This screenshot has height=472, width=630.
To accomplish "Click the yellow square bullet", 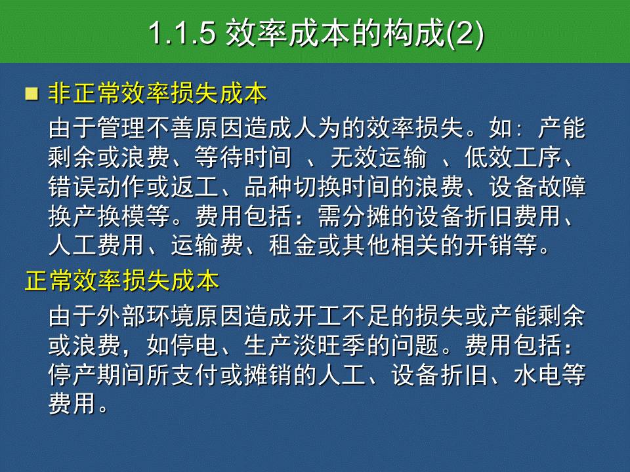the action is (31, 94).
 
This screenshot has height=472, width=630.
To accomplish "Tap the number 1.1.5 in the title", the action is (182, 33).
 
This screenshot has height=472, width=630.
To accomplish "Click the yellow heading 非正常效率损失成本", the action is (157, 94).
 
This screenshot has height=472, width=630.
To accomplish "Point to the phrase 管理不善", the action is (146, 128).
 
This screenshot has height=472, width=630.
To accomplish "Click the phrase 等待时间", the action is (243, 157).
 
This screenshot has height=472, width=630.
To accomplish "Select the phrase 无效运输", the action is (379, 157).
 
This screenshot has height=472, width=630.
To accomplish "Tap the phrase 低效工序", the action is (513, 157).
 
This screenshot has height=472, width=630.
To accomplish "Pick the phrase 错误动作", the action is (97, 187).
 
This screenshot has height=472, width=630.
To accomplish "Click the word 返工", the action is (194, 187).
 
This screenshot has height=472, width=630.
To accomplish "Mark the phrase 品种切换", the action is (293, 187).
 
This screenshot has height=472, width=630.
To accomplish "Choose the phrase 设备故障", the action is (537, 187).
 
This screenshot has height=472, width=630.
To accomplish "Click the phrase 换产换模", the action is (97, 216).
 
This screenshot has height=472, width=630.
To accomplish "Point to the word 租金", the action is (293, 245).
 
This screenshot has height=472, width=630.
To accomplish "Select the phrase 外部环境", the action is (146, 317).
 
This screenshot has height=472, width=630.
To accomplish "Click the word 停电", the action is (194, 345).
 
